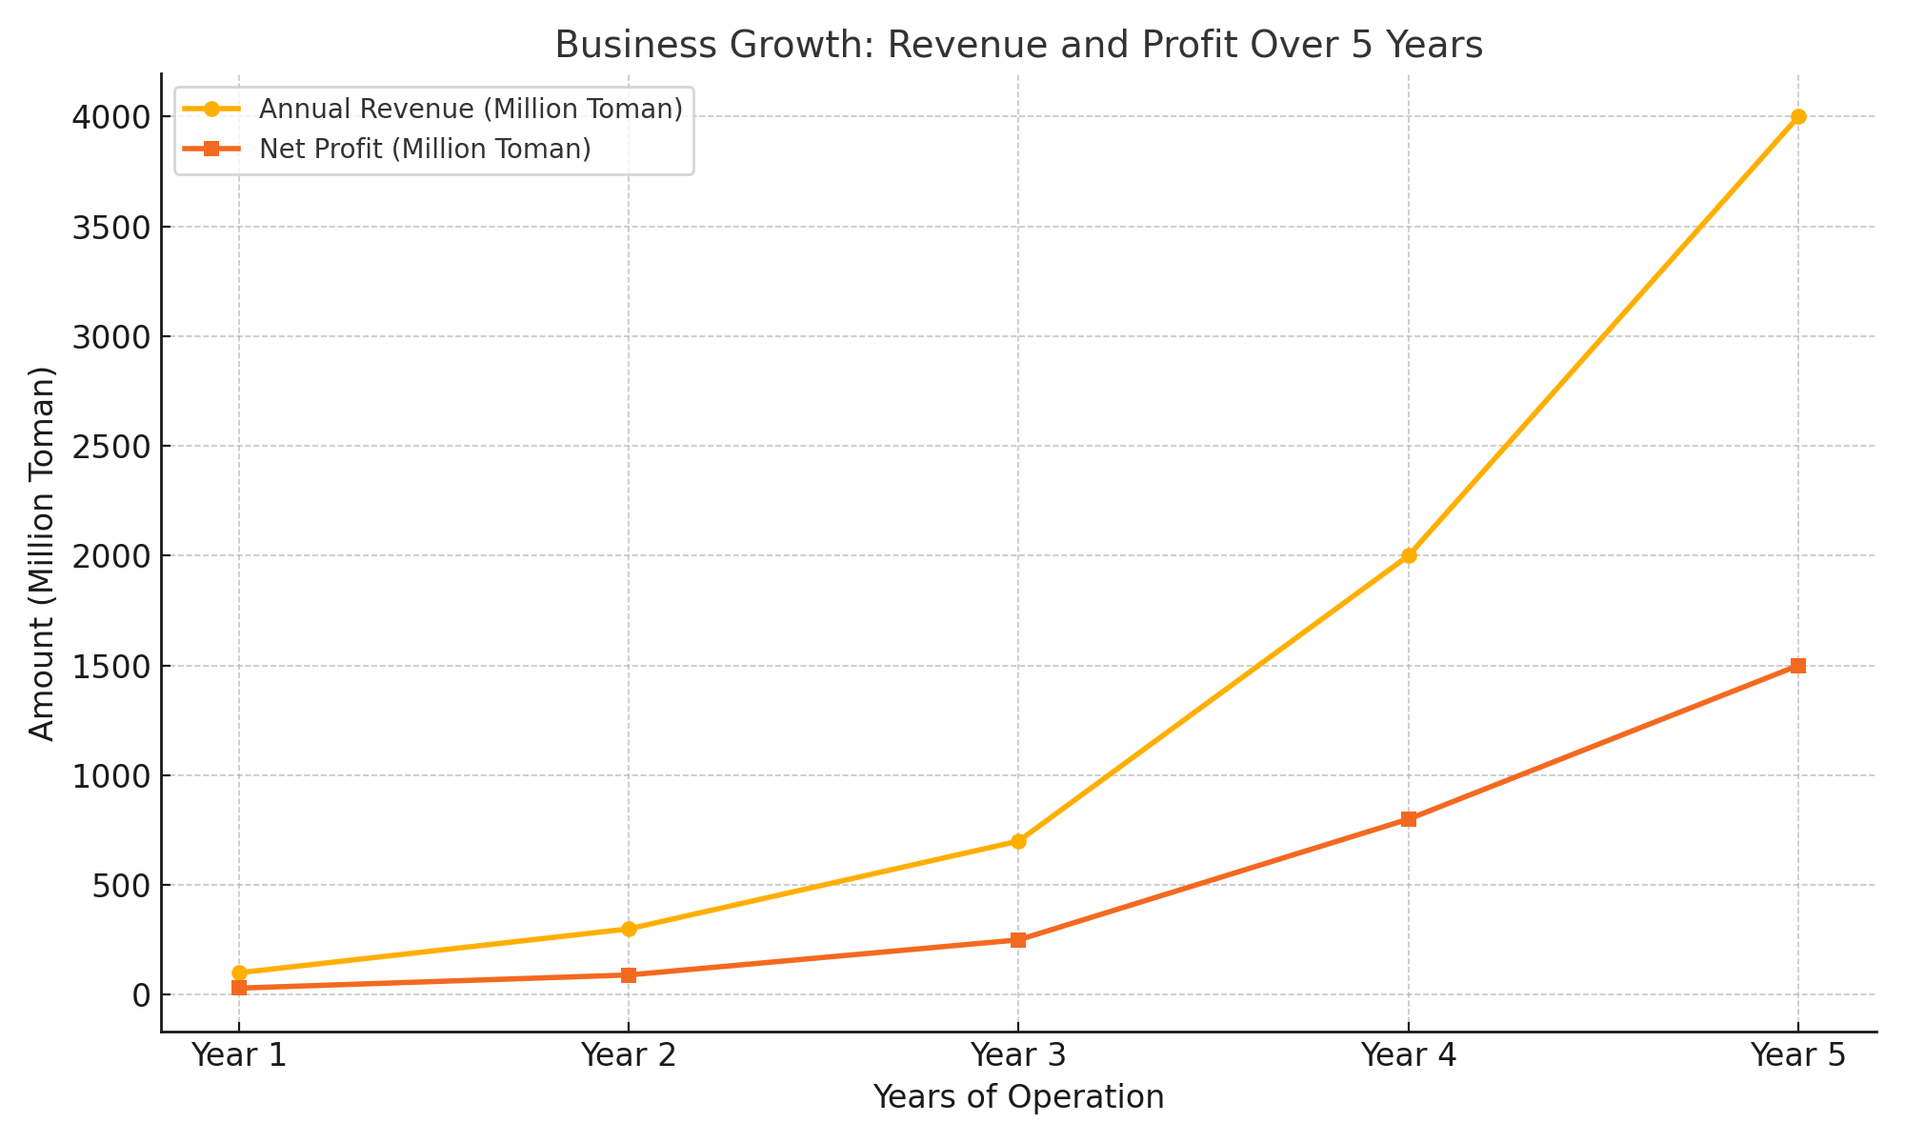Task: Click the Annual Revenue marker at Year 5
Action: pos(1798,117)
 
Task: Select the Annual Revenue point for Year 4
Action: pos(1409,555)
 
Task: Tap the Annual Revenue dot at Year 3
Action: pos(1018,841)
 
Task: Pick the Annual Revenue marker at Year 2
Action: pos(629,929)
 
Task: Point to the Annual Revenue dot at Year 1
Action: pos(239,973)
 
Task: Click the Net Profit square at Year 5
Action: pos(1798,666)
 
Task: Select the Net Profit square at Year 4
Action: pos(1409,819)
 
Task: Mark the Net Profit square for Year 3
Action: pos(1018,940)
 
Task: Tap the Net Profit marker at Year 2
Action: pos(629,974)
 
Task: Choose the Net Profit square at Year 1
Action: pos(239,988)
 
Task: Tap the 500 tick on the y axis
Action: pos(123,885)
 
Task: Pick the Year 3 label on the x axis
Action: pos(1018,1055)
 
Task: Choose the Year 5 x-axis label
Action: pos(1798,1055)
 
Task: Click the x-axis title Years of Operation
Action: pos(1018,1097)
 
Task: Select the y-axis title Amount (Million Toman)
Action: pos(43,553)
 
